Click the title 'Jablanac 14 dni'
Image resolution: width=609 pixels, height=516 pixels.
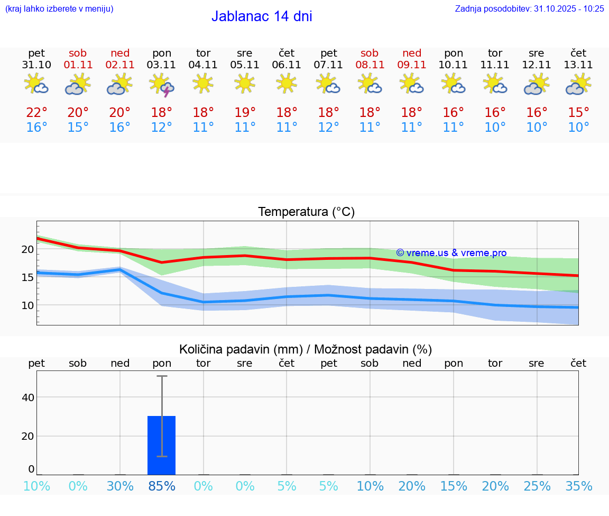click(x=262, y=16)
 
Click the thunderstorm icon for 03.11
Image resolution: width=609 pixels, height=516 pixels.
click(x=162, y=85)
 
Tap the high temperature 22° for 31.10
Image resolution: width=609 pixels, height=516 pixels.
click(x=36, y=113)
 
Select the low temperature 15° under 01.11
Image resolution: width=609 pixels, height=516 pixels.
click(x=78, y=128)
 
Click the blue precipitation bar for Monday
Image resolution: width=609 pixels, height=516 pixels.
click(x=161, y=445)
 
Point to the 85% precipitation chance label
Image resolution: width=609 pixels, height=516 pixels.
click(x=162, y=486)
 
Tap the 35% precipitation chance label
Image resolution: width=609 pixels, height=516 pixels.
click(x=578, y=486)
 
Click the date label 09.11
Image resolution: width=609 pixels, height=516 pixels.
click(x=412, y=65)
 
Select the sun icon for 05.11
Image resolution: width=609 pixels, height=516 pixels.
click(x=245, y=83)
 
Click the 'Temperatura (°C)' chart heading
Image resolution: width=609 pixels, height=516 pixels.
click(x=306, y=212)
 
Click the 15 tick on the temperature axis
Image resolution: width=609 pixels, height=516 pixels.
click(x=27, y=277)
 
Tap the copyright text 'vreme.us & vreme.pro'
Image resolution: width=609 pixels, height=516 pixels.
click(x=451, y=253)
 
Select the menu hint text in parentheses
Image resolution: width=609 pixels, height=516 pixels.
click(x=59, y=8)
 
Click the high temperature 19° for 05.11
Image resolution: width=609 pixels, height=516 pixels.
click(x=245, y=113)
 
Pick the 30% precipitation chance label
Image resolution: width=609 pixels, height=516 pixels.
click(x=120, y=486)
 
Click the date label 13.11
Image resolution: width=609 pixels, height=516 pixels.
click(x=578, y=65)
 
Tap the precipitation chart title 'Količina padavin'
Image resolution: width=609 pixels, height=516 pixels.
click(x=306, y=349)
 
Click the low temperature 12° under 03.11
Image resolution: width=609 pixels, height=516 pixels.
click(x=162, y=128)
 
